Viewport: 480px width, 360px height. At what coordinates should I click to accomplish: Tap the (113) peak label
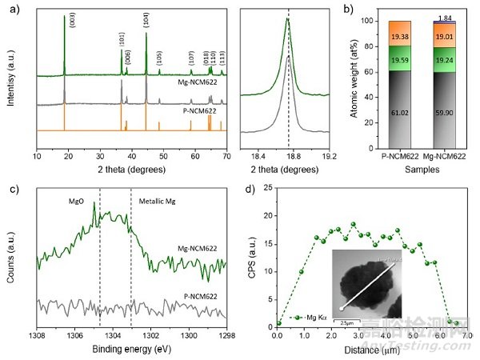tap(222, 61)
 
